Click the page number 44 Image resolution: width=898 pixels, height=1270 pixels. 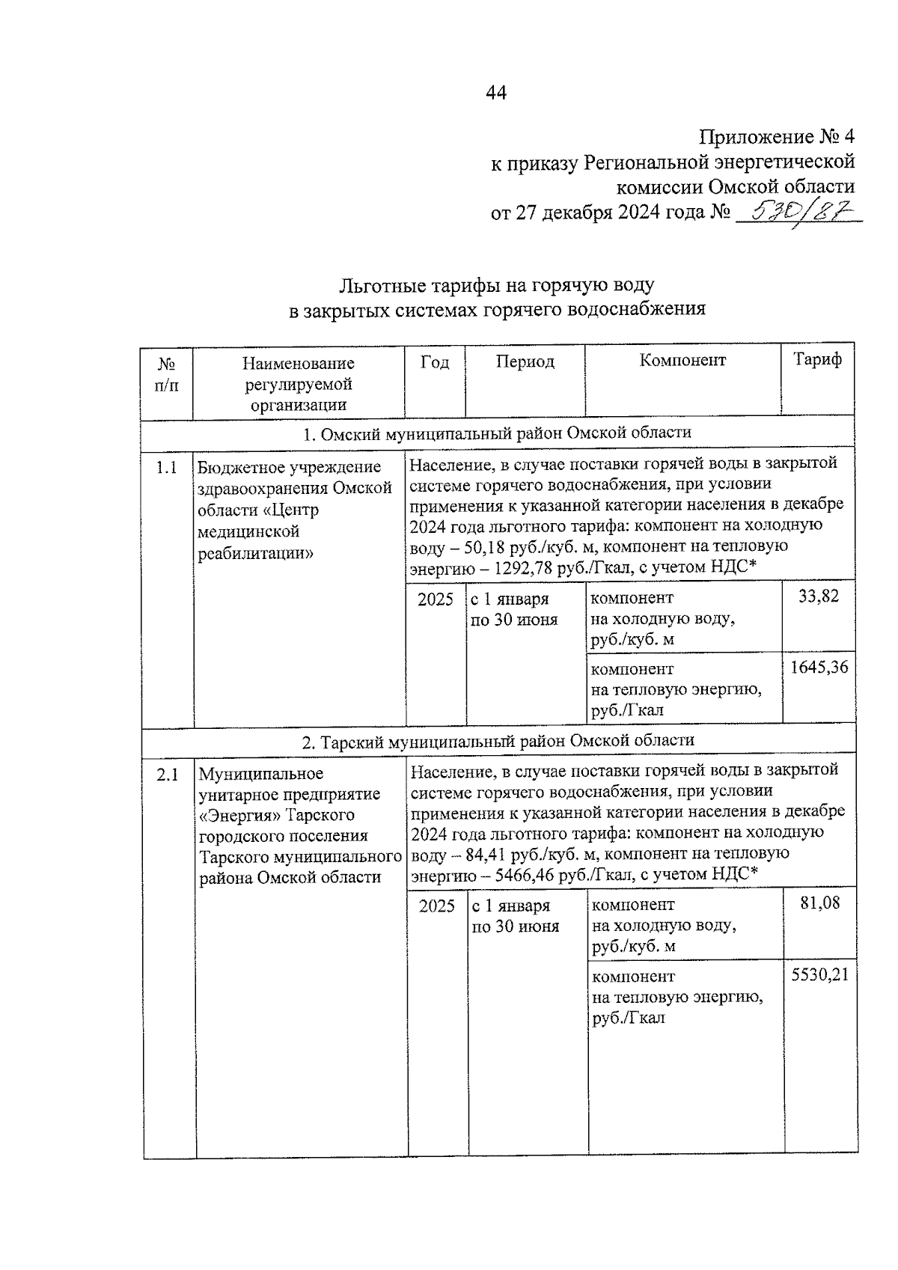coord(496,93)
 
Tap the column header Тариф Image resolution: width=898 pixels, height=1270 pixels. coord(817,360)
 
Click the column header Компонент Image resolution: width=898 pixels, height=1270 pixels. coord(682,360)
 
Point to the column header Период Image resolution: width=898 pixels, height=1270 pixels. coord(525,361)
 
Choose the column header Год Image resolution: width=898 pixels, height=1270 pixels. coord(434,362)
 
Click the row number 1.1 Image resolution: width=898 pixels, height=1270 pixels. coord(166,468)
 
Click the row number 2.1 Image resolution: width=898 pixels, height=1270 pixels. coord(168,775)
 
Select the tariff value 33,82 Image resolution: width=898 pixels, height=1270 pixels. coord(818,596)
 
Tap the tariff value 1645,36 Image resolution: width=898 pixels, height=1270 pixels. coord(819,667)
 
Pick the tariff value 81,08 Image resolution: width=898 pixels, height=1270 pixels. coord(819,903)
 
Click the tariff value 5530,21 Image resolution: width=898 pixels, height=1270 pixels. coord(820,974)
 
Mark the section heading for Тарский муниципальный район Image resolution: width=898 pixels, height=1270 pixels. coord(498,740)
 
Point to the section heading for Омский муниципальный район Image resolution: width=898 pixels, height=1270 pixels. coord(497,433)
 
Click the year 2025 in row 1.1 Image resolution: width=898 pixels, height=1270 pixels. coord(436,599)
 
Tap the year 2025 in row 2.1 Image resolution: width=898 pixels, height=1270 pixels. coord(437,906)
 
